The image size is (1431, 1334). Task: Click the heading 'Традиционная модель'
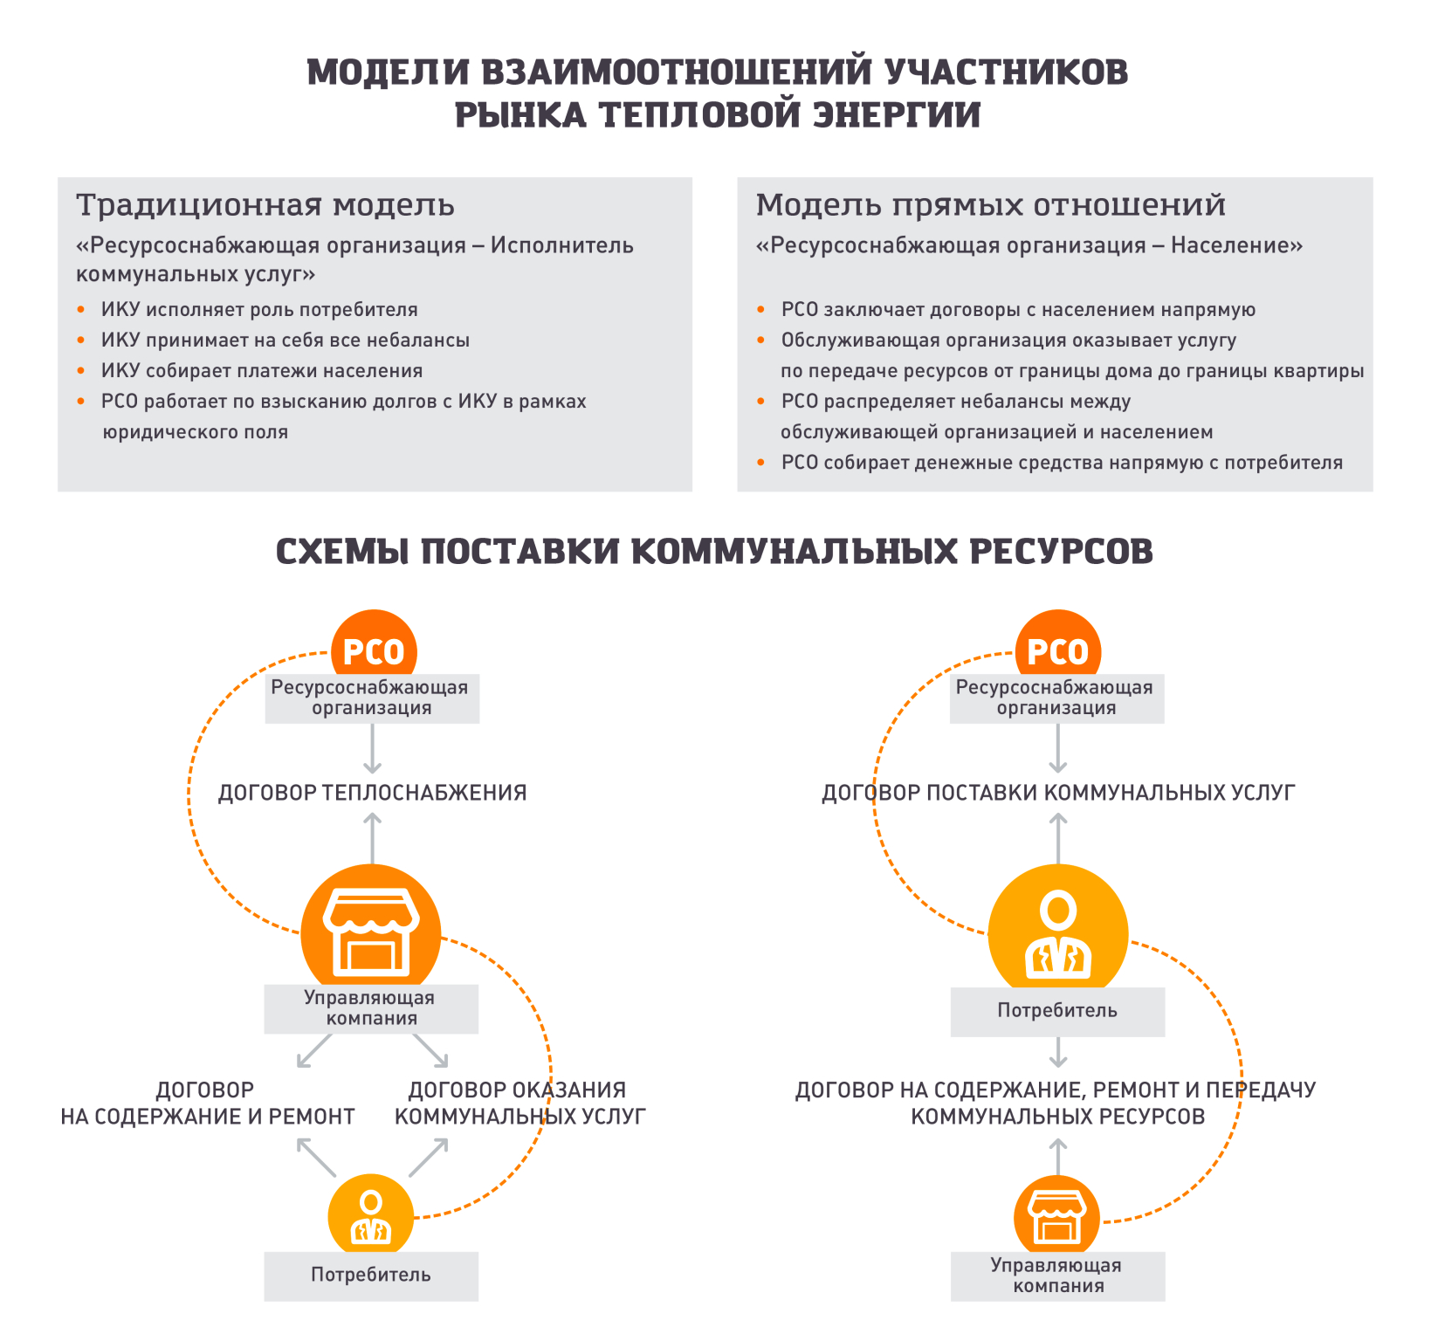point(265,205)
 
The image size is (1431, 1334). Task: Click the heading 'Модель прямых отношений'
point(990,205)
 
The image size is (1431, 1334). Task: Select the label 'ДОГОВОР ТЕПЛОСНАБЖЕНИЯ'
point(372,793)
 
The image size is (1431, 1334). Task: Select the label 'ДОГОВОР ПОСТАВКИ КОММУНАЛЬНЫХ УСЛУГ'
point(1057,793)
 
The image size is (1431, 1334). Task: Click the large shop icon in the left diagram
point(371,931)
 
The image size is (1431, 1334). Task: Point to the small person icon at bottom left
point(370,1215)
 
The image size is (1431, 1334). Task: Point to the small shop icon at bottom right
point(1056,1215)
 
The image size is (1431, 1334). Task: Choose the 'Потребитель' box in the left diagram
point(371,1276)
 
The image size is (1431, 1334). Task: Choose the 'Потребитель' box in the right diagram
point(1057,1011)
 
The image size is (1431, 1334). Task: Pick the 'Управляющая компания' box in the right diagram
point(1057,1276)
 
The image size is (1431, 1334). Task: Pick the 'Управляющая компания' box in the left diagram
point(371,1008)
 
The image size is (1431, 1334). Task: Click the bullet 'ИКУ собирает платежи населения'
point(261,371)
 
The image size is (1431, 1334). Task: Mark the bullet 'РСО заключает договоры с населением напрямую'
point(1018,310)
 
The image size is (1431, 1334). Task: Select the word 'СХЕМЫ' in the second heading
point(342,552)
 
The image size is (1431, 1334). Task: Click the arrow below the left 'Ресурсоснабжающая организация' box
point(373,749)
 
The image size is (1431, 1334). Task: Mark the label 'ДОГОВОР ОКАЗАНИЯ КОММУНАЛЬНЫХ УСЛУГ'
point(519,1103)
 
